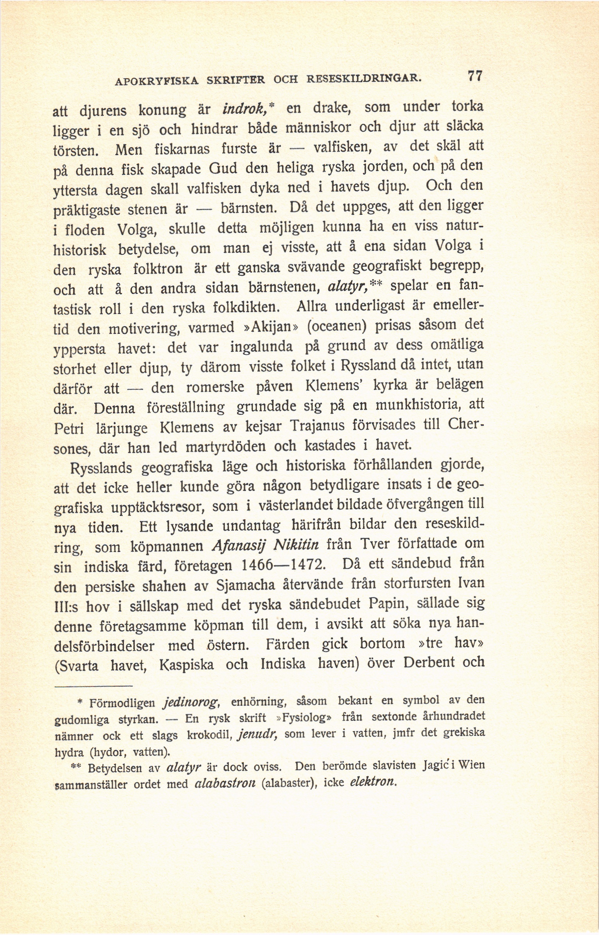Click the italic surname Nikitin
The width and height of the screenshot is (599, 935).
296,545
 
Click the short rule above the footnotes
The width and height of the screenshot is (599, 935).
93,686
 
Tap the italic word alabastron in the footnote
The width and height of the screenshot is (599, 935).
226,784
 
